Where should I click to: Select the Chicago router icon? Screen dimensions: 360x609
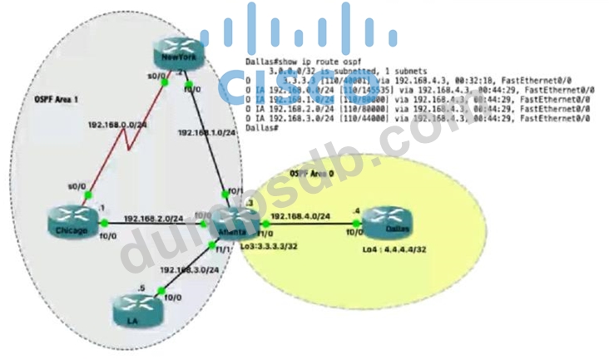coord(73,224)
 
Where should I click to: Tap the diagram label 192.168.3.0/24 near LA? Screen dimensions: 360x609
coord(190,269)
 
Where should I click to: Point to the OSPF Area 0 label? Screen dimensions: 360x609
coord(309,172)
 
